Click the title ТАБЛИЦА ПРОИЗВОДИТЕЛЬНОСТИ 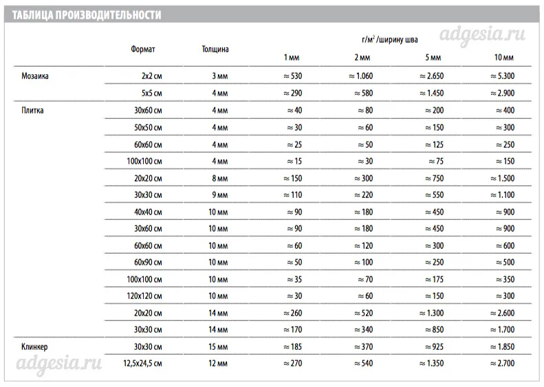pos(86,14)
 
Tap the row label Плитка pos(33,110)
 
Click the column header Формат pos(142,49)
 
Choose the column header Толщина pos(215,49)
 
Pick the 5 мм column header pos(433,56)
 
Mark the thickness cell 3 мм pos(219,76)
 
